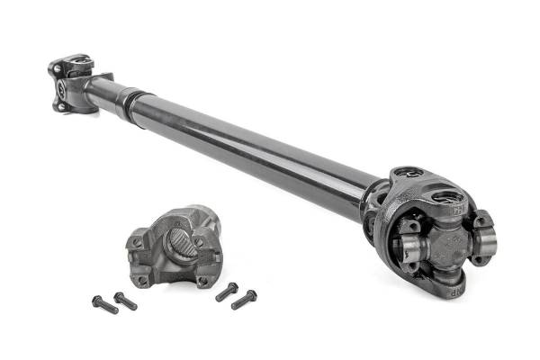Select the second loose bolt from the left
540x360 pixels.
click(125, 301)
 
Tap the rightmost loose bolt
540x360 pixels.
click(244, 299)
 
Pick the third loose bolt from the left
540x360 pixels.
click(226, 292)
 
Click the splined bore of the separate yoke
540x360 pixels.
click(177, 241)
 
